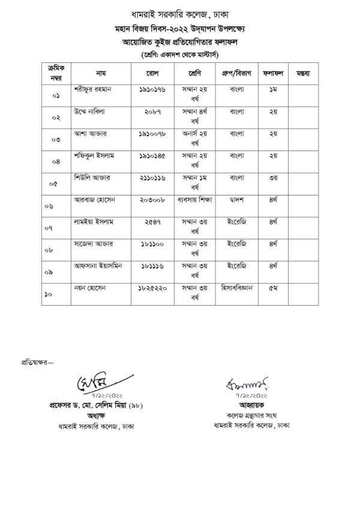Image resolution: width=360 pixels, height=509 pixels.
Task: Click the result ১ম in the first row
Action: pos(274,89)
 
